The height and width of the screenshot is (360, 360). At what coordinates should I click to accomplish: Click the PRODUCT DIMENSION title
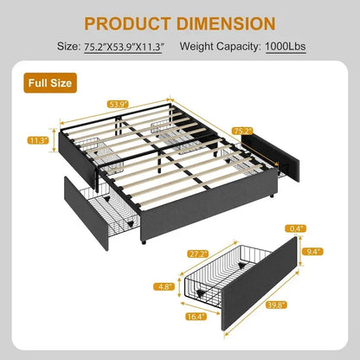179,22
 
